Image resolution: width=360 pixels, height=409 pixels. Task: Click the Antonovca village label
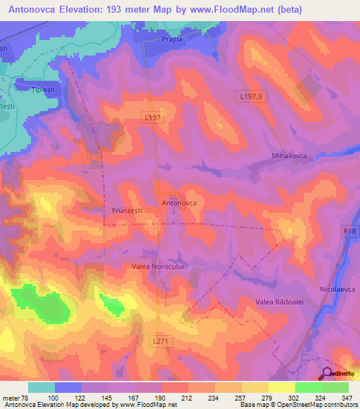(x=179, y=202)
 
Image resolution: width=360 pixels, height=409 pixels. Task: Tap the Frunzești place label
(x=128, y=209)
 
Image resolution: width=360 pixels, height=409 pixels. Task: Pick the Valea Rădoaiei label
(x=278, y=301)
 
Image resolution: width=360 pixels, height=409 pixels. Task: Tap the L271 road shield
(x=161, y=340)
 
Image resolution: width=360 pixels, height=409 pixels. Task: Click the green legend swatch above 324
(x=309, y=387)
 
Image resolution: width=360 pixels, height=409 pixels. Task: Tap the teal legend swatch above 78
(x=41, y=387)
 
